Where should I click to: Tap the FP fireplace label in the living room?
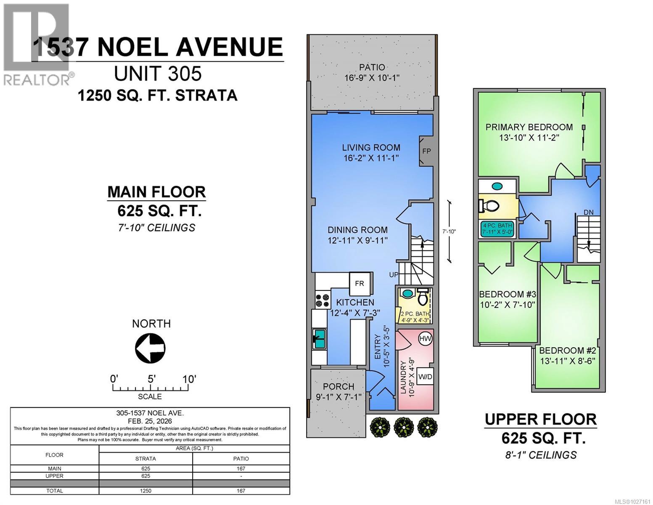[x=426, y=151]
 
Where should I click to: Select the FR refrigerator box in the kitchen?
[x=359, y=284]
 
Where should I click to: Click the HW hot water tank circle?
[x=425, y=338]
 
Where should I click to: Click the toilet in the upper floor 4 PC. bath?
[x=489, y=206]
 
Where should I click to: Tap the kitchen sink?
[x=320, y=339]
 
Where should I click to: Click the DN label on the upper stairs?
[x=588, y=212]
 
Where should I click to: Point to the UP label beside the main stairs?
[x=394, y=274]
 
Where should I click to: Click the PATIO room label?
[x=372, y=67]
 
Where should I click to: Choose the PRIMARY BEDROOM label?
[x=529, y=127]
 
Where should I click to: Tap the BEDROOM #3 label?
[x=507, y=294]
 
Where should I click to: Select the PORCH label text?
[x=338, y=386]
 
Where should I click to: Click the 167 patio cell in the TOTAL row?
[x=241, y=491]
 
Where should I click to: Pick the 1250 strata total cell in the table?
[x=145, y=491]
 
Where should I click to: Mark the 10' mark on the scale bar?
[x=189, y=379]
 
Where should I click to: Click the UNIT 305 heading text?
[x=158, y=74]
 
